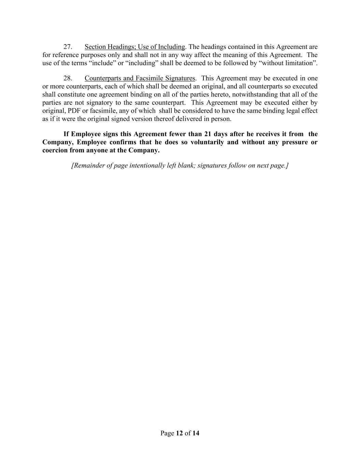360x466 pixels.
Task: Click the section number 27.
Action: (x=68, y=47)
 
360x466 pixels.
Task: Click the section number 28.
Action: (x=68, y=78)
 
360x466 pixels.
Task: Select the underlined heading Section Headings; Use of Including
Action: (x=135, y=47)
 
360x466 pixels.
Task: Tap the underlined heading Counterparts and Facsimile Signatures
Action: (x=140, y=78)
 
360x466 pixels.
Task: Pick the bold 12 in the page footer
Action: (x=179, y=434)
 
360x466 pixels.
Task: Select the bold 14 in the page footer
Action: (x=196, y=434)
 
